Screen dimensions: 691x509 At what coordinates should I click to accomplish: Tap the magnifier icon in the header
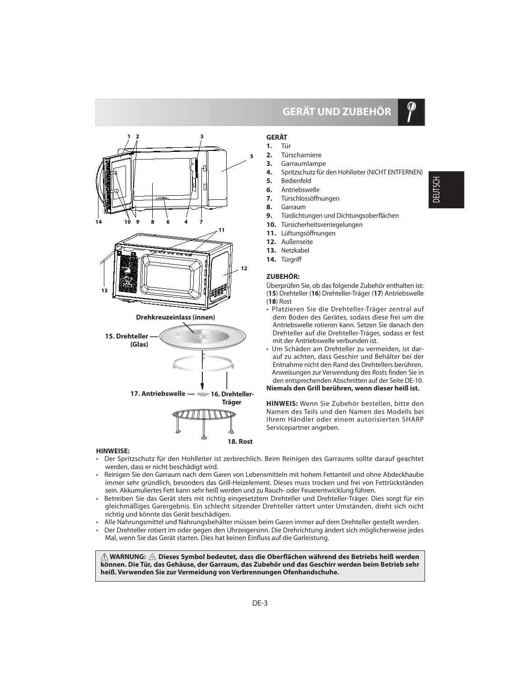pos(411,111)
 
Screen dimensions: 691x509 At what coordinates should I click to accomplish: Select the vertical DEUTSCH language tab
pos(446,190)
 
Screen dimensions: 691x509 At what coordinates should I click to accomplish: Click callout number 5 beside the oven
pos(251,156)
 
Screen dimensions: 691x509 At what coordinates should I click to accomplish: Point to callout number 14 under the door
pos(98,222)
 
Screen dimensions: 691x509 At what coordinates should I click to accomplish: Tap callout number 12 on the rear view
pos(244,269)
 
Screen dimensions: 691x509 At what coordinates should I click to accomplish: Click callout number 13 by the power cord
pos(104,291)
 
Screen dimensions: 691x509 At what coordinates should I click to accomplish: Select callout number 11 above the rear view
pos(221,230)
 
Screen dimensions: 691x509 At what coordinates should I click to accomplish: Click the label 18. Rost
pos(239,442)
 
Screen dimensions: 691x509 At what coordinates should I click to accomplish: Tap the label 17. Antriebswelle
pos(158,394)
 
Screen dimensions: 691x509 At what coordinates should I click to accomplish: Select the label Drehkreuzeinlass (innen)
pos(176,317)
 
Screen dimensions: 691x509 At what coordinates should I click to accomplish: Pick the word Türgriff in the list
pos(291,259)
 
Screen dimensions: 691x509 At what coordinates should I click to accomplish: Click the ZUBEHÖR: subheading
pos(283,276)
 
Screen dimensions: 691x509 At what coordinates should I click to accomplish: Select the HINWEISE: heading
pos(113,451)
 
